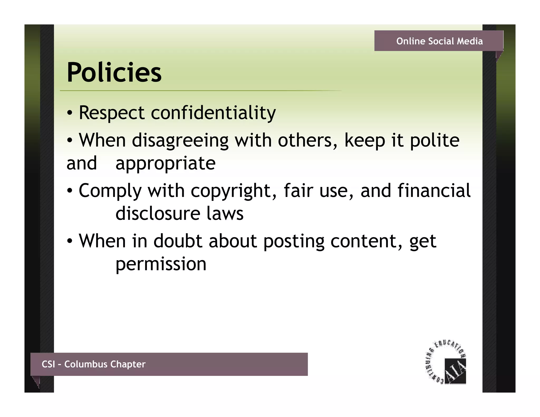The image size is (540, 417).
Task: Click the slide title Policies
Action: [x=114, y=72]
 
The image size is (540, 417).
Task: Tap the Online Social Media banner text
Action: [x=439, y=41]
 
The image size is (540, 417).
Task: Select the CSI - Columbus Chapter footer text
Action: [x=94, y=364]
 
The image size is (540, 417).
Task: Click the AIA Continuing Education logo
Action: [x=446, y=362]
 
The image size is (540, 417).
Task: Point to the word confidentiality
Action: [x=213, y=113]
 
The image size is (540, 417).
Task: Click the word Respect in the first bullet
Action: [x=112, y=113]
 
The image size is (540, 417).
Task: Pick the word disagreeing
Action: [x=180, y=140]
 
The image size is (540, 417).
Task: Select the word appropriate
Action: [x=165, y=163]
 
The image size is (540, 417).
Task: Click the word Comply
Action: [x=110, y=191]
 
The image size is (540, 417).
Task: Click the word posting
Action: [x=294, y=241]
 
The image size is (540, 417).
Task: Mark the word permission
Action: [x=161, y=264]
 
